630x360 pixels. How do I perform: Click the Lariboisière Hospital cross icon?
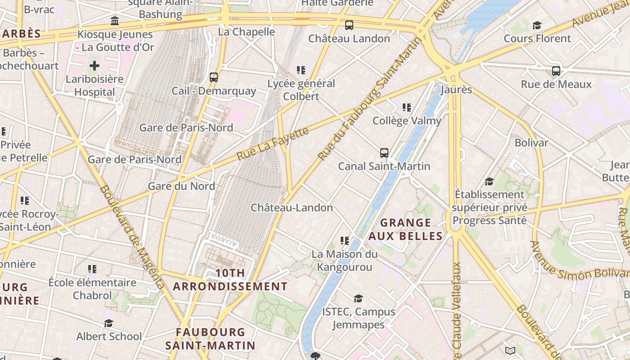(x=94, y=66)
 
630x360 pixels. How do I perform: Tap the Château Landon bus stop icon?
(x=349, y=25)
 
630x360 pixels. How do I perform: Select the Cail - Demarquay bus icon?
(x=214, y=77)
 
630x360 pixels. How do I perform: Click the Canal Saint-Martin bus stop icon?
(x=384, y=153)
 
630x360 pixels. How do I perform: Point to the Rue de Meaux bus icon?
(x=556, y=71)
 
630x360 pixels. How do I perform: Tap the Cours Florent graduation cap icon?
(x=537, y=25)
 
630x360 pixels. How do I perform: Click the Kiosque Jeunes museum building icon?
(x=115, y=21)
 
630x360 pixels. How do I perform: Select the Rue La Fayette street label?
(x=273, y=144)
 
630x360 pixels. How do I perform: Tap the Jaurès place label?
(x=456, y=90)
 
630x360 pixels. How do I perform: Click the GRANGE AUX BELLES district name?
(x=406, y=229)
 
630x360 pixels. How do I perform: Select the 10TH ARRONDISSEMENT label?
(x=230, y=280)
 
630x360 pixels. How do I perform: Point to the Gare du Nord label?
(x=181, y=186)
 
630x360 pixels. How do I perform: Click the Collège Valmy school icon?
(x=407, y=108)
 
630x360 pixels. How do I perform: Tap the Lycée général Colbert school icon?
(x=301, y=70)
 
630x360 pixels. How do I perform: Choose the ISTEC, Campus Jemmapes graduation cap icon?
(x=358, y=298)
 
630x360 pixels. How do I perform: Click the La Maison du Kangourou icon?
(x=345, y=241)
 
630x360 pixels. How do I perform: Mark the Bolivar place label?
(x=531, y=143)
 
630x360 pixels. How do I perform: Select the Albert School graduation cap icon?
(x=108, y=324)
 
